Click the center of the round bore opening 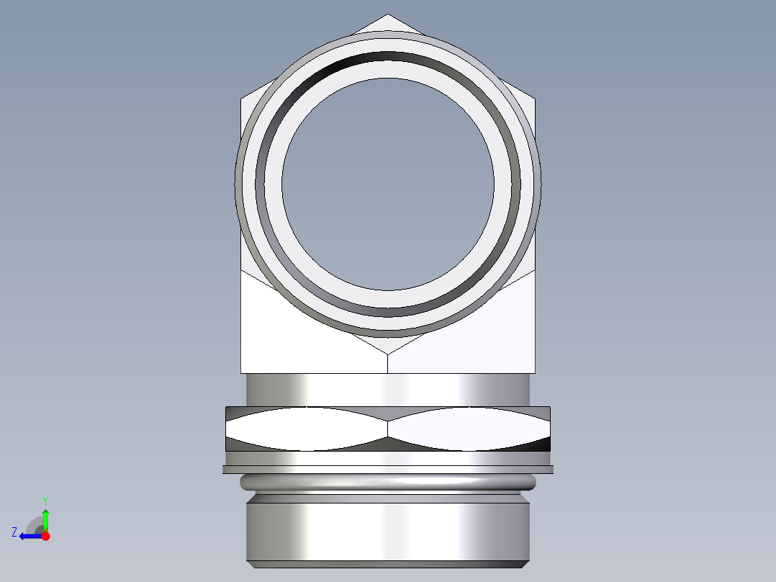tap(387, 184)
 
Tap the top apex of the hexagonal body tap(388, 15)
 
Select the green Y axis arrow tap(45, 518)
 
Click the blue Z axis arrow tap(29, 536)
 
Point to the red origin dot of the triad tap(45, 536)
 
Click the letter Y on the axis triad tap(45, 500)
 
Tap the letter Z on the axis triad tap(14, 532)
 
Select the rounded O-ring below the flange tap(388, 481)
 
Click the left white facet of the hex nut tap(306, 429)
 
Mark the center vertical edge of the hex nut tap(388, 429)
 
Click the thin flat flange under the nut tap(388, 470)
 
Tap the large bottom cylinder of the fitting tap(388, 529)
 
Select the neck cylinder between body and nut tap(388, 390)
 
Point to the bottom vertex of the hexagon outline tap(388, 354)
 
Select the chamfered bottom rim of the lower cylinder tap(388, 564)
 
